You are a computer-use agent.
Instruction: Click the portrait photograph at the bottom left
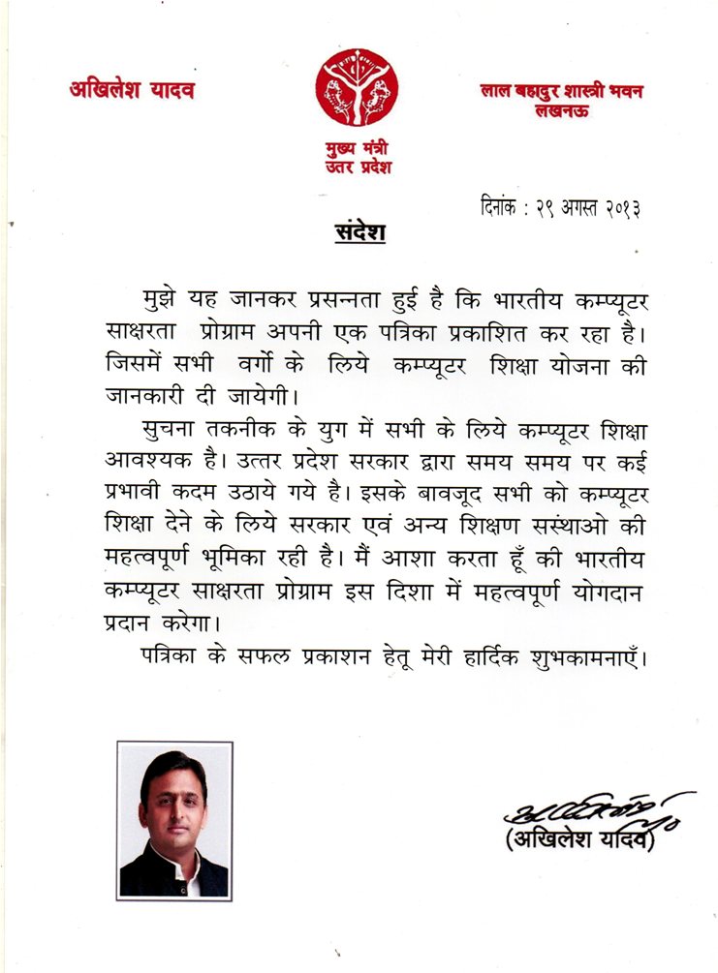[x=173, y=820]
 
